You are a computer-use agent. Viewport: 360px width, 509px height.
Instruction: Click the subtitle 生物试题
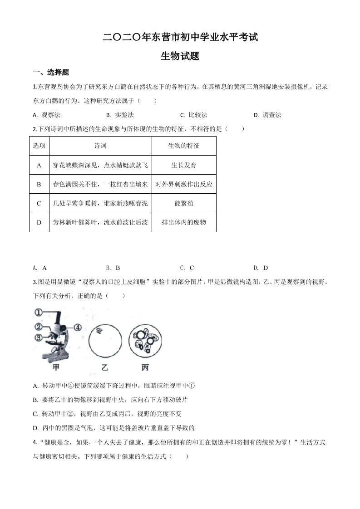180,56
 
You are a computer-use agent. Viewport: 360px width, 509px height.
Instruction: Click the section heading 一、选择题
51,73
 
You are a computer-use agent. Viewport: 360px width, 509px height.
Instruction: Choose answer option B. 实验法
120,115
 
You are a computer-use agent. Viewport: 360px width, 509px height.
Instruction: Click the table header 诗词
100,146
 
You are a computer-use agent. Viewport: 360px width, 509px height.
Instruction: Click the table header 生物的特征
184,146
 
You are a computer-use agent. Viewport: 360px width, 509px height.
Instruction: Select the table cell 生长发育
184,166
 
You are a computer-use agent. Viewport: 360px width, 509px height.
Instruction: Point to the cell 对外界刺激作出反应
184,185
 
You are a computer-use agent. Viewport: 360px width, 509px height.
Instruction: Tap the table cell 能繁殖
184,204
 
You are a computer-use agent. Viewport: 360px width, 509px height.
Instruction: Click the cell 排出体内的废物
184,223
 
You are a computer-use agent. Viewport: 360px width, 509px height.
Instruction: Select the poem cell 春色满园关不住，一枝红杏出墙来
100,185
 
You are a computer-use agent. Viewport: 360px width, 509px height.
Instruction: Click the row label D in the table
39,223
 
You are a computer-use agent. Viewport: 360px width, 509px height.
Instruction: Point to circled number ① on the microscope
38,313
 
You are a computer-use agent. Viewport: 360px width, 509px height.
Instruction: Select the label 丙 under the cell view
145,367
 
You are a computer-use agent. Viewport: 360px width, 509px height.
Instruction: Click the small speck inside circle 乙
98,331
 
